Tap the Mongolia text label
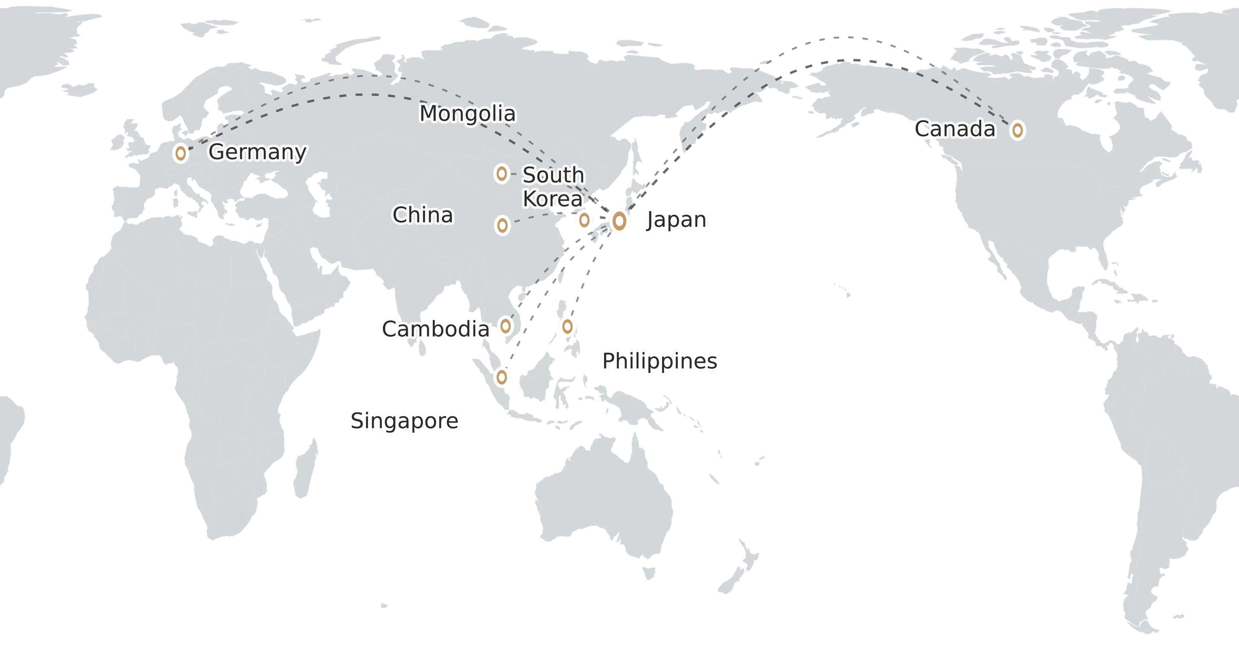[x=468, y=114]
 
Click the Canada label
[x=955, y=129]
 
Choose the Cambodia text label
[x=435, y=329]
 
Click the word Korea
[x=553, y=199]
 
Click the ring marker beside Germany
[x=180, y=153]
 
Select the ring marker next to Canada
[x=1017, y=130]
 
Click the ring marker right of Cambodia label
[x=505, y=326]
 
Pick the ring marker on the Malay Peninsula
[x=502, y=377]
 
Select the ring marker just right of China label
[x=502, y=225]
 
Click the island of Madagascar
[x=306, y=469]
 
